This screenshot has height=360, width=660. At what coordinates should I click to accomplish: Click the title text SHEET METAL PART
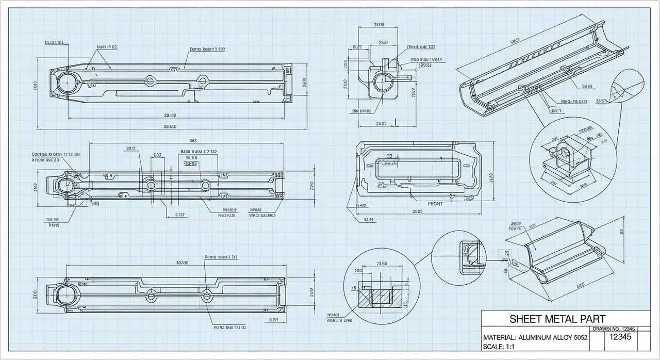(x=557, y=319)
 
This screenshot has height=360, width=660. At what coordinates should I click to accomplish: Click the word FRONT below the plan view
(x=435, y=204)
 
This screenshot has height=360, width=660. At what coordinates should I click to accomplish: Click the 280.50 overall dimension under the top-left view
(x=170, y=126)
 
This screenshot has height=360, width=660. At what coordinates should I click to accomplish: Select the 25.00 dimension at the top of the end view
(x=378, y=25)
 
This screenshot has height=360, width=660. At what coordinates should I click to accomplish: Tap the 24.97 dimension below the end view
(x=382, y=123)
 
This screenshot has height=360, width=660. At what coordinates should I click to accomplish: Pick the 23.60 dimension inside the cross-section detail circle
(x=382, y=264)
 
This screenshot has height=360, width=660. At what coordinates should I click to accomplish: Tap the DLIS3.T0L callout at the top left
(x=54, y=42)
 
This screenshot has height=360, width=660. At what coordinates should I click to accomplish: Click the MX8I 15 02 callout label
(x=107, y=47)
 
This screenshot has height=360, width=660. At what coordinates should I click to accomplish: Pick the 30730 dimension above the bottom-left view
(x=181, y=263)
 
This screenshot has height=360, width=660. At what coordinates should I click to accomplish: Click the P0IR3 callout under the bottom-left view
(x=229, y=327)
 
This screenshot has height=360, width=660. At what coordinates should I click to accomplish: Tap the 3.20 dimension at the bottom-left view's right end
(x=274, y=320)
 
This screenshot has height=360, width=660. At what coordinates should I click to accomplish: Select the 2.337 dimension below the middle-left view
(x=180, y=215)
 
